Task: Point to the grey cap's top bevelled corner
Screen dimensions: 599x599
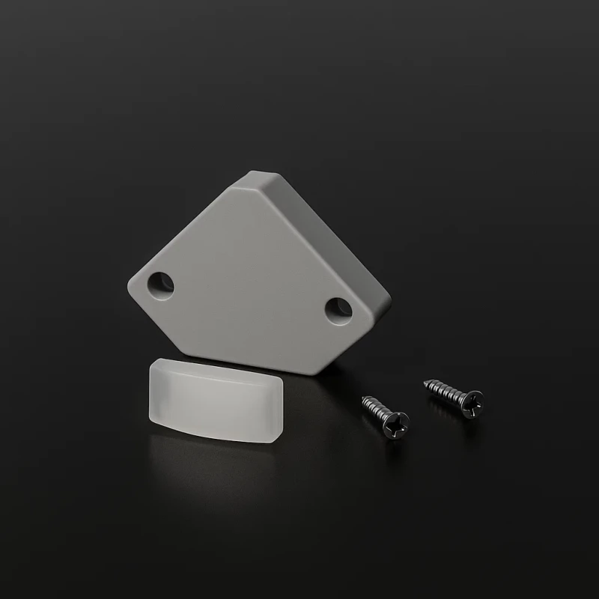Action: [x=258, y=177]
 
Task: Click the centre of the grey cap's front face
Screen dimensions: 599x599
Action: [x=247, y=277]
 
